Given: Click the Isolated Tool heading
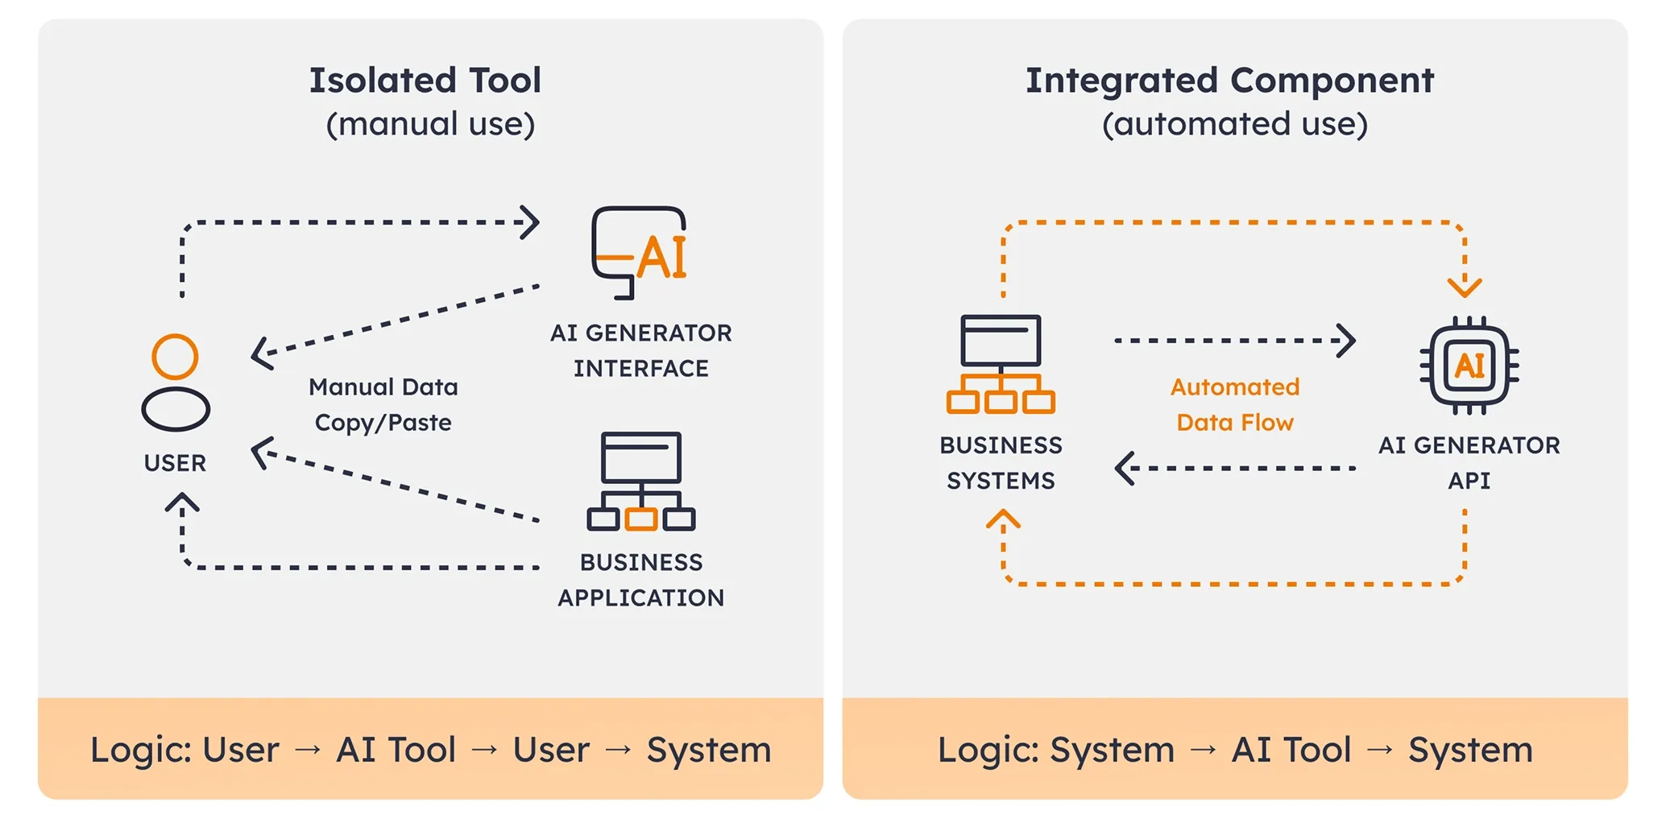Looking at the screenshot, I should click(425, 81).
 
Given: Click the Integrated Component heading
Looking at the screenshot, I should click(1229, 81).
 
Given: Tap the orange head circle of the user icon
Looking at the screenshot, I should click(175, 356).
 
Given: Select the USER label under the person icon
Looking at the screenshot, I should click(175, 463).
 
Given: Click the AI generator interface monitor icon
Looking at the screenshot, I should click(639, 253).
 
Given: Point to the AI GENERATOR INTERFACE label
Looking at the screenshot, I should click(640, 350).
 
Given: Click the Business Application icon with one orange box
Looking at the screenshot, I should click(641, 482).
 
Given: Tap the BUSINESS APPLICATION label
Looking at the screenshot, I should click(640, 580).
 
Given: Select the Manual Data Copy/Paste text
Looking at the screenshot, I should click(383, 404).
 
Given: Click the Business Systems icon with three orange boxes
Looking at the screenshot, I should click(1001, 364).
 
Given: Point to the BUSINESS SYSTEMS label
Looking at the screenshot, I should click(1001, 463).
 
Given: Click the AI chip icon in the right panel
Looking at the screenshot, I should click(1469, 366).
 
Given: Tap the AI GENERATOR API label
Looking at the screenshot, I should click(1469, 463).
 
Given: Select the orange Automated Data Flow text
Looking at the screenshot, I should click(1234, 404).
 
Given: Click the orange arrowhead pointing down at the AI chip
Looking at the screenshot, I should click(1465, 286).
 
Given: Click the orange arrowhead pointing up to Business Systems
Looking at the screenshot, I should click(1003, 519).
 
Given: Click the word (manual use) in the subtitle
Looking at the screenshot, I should click(430, 124).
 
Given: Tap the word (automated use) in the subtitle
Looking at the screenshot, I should click(1234, 124).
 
